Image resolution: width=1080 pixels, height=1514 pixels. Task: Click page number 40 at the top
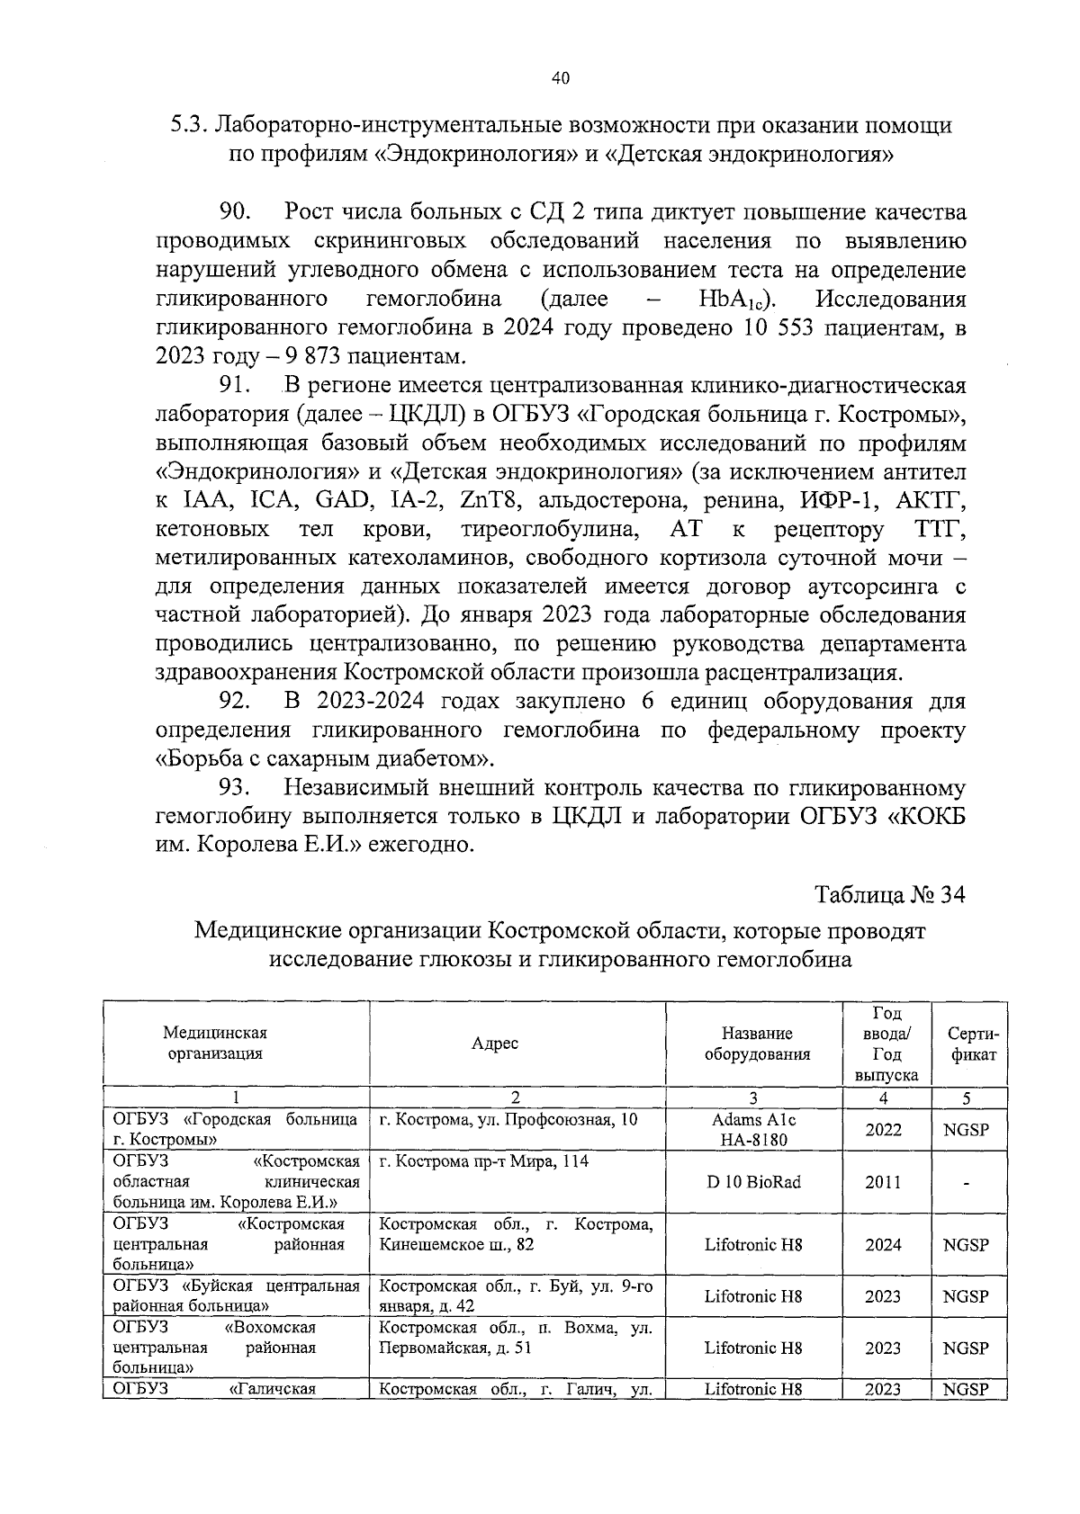pos(560,79)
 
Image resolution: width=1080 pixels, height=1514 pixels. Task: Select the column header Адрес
pos(495,1044)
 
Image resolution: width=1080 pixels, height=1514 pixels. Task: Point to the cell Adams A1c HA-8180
pos(753,1129)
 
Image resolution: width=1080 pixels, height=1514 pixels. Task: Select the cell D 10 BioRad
pos(753,1182)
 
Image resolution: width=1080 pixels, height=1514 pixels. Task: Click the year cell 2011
pos(883,1182)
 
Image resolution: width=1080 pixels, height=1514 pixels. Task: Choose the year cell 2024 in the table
pos(883,1245)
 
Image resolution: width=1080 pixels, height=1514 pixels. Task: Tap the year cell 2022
pos(883,1129)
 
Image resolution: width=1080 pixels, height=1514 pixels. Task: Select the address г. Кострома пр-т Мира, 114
pos(484,1161)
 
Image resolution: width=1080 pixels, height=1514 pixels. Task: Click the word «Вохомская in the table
pos(269,1328)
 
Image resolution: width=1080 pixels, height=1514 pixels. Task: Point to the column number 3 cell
pos(753,1097)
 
